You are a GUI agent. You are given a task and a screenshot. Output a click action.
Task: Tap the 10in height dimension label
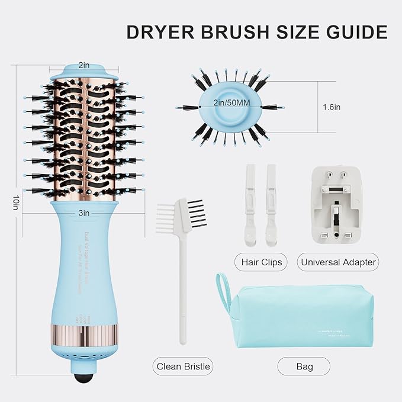pyautogui.click(x=13, y=202)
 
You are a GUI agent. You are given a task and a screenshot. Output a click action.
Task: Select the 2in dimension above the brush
pyautogui.click(x=85, y=65)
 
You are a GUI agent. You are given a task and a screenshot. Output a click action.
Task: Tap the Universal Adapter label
pyautogui.click(x=337, y=261)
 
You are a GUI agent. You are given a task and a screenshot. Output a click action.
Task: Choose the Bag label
pyautogui.click(x=304, y=366)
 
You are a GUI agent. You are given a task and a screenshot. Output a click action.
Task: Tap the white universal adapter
pyautogui.click(x=336, y=205)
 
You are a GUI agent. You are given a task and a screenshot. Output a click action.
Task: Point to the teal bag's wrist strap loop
pyautogui.click(x=224, y=290)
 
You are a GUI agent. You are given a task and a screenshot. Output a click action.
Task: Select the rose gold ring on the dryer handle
pyautogui.click(x=85, y=332)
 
